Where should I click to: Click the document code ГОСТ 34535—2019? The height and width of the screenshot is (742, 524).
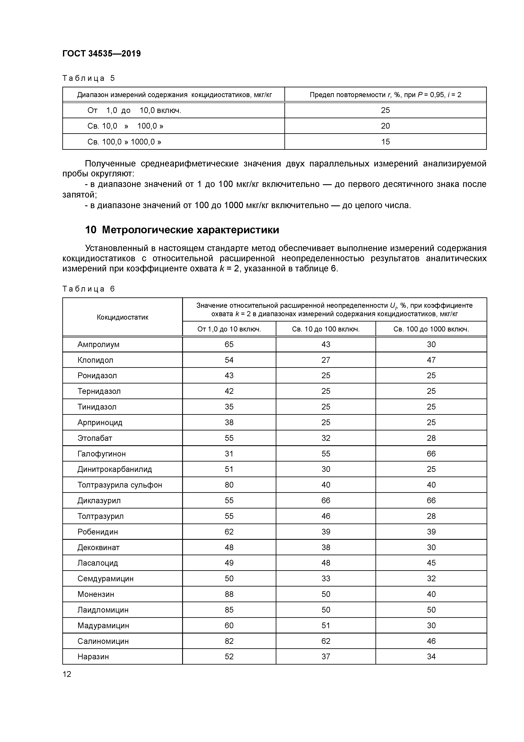(x=101, y=54)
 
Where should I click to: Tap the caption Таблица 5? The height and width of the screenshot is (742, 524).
(x=89, y=78)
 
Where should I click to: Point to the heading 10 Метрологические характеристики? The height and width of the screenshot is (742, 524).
(x=182, y=230)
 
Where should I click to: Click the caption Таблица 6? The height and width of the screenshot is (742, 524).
(x=89, y=289)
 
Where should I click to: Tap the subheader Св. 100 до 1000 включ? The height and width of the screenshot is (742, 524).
(x=431, y=329)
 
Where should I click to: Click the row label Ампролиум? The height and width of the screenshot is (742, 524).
(x=98, y=345)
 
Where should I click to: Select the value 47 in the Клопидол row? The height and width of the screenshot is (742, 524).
(x=431, y=360)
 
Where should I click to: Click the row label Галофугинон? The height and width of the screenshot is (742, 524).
(x=101, y=454)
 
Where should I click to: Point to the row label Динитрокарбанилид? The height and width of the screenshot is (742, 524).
(x=114, y=469)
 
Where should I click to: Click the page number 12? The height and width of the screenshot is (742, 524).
(x=67, y=674)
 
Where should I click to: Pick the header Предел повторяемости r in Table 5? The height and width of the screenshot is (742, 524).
(x=385, y=95)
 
